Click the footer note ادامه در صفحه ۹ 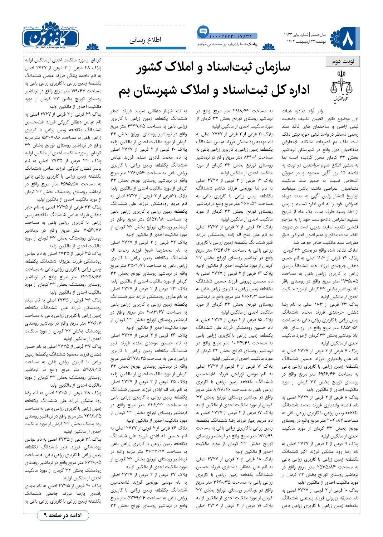pos(63,516)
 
